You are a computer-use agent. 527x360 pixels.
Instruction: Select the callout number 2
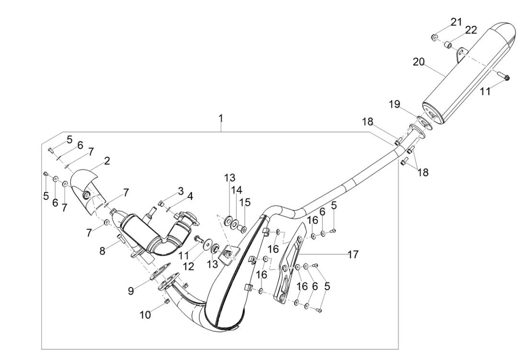click(x=107, y=161)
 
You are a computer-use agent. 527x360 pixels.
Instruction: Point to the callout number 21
click(x=456, y=22)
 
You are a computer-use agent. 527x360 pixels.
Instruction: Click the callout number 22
click(x=471, y=30)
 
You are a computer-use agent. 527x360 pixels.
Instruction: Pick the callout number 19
click(x=394, y=105)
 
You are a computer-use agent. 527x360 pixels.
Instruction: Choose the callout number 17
click(x=353, y=255)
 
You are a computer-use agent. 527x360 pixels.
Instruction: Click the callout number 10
click(x=145, y=315)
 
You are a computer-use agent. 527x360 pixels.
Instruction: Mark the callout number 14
click(x=237, y=190)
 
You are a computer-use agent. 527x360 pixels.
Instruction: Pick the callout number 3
click(x=180, y=191)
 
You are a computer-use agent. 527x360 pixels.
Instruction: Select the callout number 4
click(x=190, y=196)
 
